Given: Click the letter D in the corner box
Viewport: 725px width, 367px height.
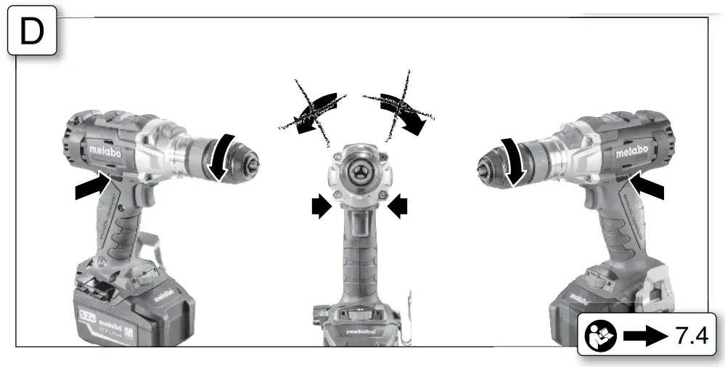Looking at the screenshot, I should point(32,33).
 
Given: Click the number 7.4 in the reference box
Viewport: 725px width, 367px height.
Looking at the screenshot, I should point(692,336).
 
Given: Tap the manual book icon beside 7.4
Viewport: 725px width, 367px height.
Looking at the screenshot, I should point(599,336).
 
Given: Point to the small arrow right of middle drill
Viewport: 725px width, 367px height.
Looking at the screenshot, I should point(398,208).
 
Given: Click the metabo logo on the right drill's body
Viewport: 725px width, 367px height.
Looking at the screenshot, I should point(631,153).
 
